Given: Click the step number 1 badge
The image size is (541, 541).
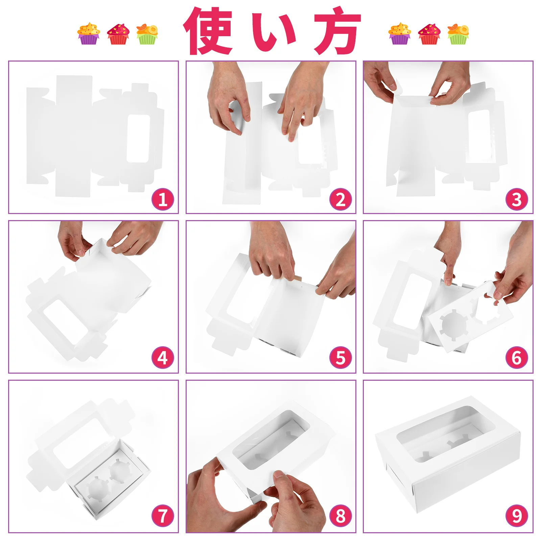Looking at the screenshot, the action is click(x=163, y=199).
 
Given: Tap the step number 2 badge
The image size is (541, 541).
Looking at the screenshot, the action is click(x=340, y=199).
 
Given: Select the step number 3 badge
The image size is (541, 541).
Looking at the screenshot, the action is click(x=517, y=199).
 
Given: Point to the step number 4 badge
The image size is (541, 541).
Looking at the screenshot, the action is click(x=163, y=357).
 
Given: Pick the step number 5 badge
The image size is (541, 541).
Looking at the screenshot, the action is click(x=340, y=357).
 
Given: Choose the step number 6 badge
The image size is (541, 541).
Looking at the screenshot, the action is click(x=517, y=357).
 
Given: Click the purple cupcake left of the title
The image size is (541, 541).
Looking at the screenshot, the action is click(x=89, y=33).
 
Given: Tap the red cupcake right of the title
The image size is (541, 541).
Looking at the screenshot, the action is click(x=429, y=34).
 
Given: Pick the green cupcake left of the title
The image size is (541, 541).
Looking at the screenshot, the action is click(x=147, y=34).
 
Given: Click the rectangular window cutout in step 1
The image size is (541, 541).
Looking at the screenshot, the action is click(x=138, y=138).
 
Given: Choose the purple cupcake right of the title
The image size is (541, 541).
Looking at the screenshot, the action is click(x=400, y=33).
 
